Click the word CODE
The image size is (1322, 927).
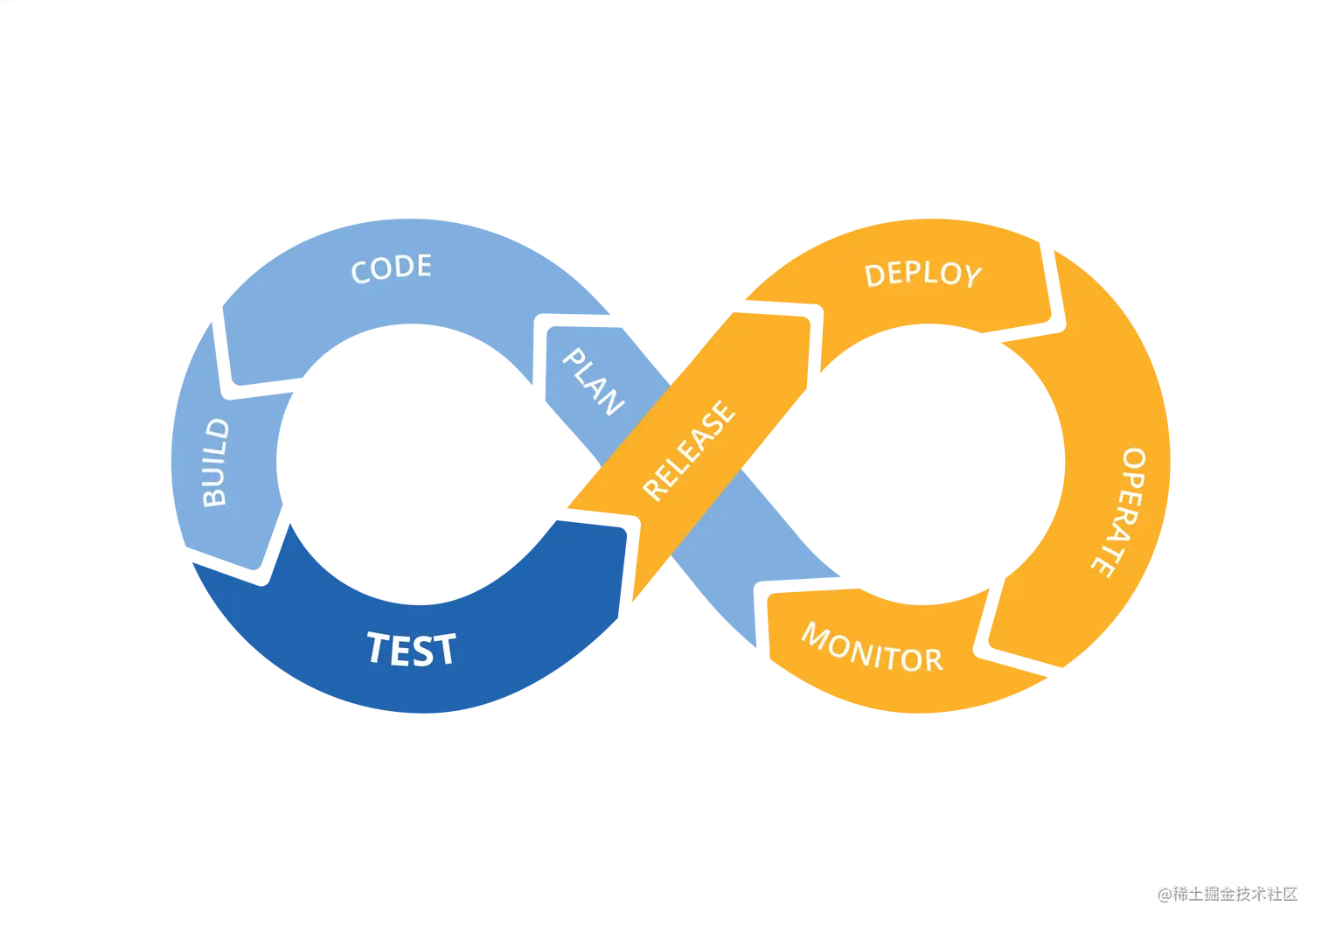click(x=391, y=268)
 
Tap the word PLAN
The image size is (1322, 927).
click(x=593, y=382)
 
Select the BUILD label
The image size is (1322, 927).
click(x=215, y=463)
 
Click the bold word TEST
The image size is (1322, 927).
click(x=411, y=649)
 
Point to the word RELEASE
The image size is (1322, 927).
click(x=689, y=450)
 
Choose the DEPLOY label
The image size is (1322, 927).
click(x=922, y=275)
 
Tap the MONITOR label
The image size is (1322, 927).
click(x=872, y=648)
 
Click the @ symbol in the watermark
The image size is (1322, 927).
click(x=1164, y=893)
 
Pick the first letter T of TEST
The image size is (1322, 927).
click(x=379, y=647)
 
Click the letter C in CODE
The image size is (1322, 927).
click(x=359, y=273)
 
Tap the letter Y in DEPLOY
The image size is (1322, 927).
click(x=971, y=277)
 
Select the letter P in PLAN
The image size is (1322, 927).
click(x=574, y=359)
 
